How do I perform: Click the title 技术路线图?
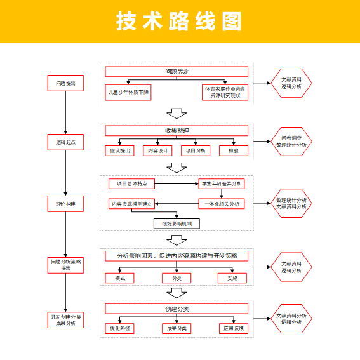pyautogui.click(x=180, y=21)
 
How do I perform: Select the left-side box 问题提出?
pyautogui.click(x=65, y=83)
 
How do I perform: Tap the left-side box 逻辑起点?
pyautogui.click(x=65, y=142)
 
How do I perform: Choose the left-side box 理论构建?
pyautogui.click(x=65, y=204)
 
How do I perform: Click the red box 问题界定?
pyautogui.click(x=177, y=71)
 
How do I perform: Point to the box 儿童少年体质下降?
pyautogui.click(x=129, y=92)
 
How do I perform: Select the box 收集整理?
pyautogui.click(x=177, y=131)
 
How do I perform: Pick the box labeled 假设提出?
pyautogui.click(x=120, y=150)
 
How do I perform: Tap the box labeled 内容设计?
pyautogui.click(x=157, y=150)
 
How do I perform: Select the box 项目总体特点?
pyautogui.click(x=132, y=184)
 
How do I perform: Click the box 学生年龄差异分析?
pyautogui.click(x=221, y=184)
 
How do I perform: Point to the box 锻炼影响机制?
pyautogui.click(x=177, y=223)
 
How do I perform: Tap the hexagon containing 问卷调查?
pyautogui.click(x=291, y=142)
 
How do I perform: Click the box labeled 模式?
pyautogui.click(x=120, y=278)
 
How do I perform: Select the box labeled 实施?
pyautogui.click(x=232, y=278)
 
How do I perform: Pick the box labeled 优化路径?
pyautogui.click(x=120, y=328)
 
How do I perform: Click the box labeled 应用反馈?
pyautogui.click(x=232, y=328)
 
